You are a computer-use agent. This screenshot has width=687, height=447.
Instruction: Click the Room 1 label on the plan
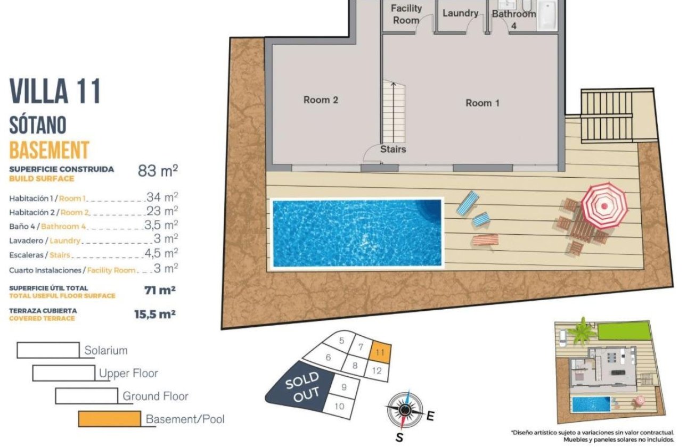pyautogui.click(x=482, y=103)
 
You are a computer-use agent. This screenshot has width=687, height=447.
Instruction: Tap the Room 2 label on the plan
pyautogui.click(x=321, y=100)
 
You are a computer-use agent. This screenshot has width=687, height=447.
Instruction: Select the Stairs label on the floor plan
pyautogui.click(x=393, y=150)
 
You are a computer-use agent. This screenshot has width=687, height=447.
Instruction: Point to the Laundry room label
pyautogui.click(x=460, y=13)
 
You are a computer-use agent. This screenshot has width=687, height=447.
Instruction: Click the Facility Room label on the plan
pyautogui.click(x=406, y=14)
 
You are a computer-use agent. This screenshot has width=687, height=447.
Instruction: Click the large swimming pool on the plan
pyautogui.click(x=357, y=233)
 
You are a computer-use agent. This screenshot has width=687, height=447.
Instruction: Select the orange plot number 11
pyautogui.click(x=380, y=352)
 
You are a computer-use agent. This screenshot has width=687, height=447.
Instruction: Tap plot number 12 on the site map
pyautogui.click(x=377, y=371)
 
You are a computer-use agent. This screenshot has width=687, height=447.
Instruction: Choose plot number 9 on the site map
pyautogui.click(x=343, y=387)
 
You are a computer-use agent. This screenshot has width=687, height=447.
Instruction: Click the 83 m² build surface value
pyautogui.click(x=158, y=171)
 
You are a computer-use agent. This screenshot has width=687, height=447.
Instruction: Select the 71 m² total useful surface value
pyautogui.click(x=160, y=291)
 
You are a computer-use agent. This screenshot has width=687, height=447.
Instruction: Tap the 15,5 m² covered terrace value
pyautogui.click(x=154, y=314)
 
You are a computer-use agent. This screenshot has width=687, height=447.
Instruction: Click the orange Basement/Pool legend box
pyautogui.click(x=109, y=419)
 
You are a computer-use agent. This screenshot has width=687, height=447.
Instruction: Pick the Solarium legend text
pyautogui.click(x=106, y=351)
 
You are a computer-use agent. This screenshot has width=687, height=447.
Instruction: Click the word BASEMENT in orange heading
pyautogui.click(x=49, y=150)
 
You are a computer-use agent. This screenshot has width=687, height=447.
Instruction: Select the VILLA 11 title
pyautogui.click(x=55, y=91)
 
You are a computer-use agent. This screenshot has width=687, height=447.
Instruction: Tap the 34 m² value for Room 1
pyautogui.click(x=162, y=197)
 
